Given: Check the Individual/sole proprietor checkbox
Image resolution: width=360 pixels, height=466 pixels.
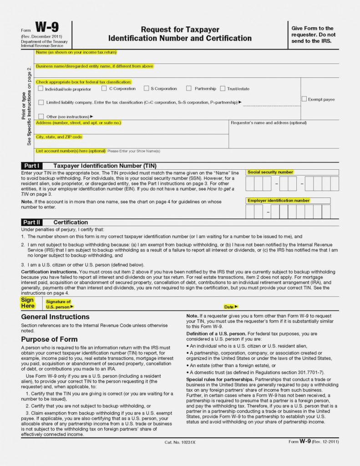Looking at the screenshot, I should click(x=41, y=89).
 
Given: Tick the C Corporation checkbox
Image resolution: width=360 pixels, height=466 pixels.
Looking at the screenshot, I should click(x=104, y=88).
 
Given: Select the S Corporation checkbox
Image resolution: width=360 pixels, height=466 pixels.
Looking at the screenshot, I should click(x=146, y=88).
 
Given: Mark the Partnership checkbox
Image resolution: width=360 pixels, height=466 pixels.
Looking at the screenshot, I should click(x=188, y=88).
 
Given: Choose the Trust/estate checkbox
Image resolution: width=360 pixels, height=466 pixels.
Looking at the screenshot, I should click(x=223, y=88).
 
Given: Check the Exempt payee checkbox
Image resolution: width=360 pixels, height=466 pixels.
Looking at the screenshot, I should click(x=304, y=99).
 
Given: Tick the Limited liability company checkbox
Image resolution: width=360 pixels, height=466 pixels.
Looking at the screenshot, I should click(x=41, y=102).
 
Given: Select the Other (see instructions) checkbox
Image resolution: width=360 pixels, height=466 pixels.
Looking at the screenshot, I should click(x=41, y=116).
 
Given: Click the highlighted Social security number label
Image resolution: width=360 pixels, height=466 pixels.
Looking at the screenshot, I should click(x=270, y=172).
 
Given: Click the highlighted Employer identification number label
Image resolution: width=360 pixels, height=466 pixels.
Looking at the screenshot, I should click(x=279, y=201).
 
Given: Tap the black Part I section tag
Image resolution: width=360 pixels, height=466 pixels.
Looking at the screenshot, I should click(x=32, y=166).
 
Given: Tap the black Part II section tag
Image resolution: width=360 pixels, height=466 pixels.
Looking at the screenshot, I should click(x=32, y=222).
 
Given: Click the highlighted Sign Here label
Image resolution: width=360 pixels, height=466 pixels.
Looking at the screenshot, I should click(x=27, y=303).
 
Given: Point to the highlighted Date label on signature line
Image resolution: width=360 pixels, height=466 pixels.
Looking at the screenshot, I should click(x=231, y=307).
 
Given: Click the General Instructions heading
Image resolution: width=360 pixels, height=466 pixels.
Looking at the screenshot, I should click(x=55, y=317).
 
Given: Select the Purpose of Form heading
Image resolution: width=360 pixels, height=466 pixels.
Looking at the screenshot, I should click(x=49, y=339).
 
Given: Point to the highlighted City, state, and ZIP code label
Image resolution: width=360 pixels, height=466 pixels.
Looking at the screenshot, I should click(x=59, y=137).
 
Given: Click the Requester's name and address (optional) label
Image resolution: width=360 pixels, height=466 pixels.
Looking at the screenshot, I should click(x=269, y=123).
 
